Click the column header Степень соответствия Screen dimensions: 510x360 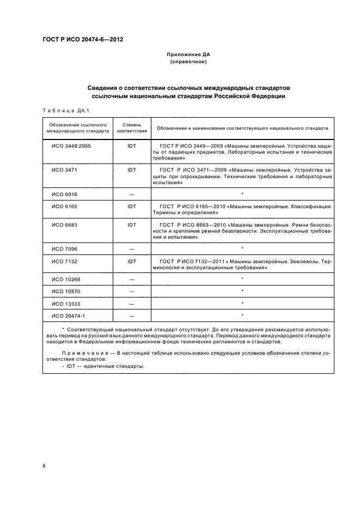[131, 128]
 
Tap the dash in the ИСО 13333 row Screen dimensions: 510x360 [131, 303]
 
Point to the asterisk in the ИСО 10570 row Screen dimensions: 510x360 [242, 290]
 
